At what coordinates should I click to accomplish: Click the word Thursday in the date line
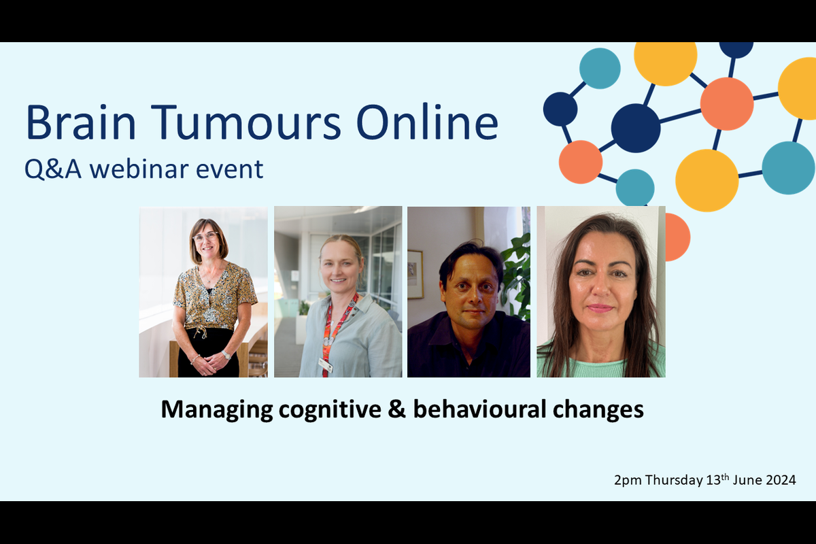[x=673, y=481]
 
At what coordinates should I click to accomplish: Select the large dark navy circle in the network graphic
[x=636, y=128]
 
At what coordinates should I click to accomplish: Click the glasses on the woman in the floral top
[x=205, y=237]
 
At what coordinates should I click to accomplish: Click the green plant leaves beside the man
[x=518, y=272]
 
